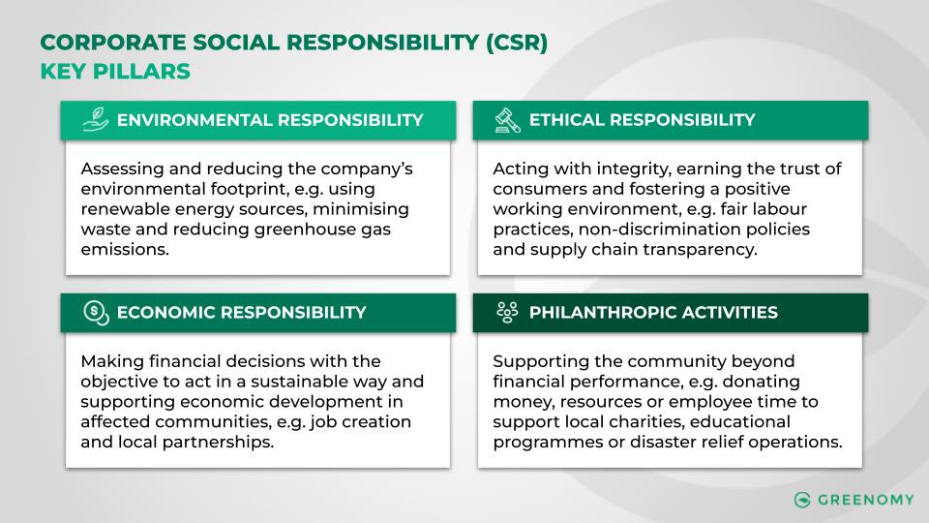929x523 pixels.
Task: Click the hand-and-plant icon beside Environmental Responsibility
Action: pyautogui.click(x=94, y=120)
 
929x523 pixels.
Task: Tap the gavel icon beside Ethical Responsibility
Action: pyautogui.click(x=506, y=120)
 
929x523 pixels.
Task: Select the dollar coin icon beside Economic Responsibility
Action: pyautogui.click(x=94, y=312)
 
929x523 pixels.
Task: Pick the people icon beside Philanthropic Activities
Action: pyautogui.click(x=506, y=312)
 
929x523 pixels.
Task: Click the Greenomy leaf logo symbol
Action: pyautogui.click(x=801, y=500)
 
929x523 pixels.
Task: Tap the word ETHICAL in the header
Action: pyautogui.click(x=566, y=120)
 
